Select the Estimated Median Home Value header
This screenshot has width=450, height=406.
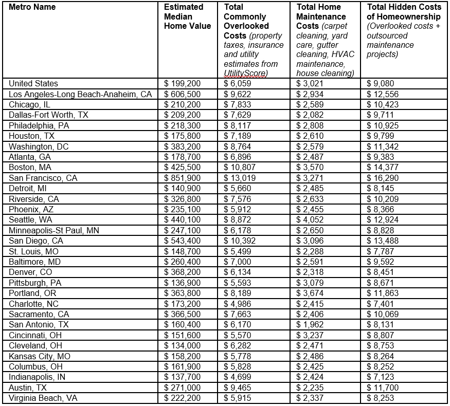pos(187,16)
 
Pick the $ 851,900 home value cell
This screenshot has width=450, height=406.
pos(183,178)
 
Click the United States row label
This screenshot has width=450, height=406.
pos(33,83)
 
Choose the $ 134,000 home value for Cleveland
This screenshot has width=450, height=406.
pos(183,345)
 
